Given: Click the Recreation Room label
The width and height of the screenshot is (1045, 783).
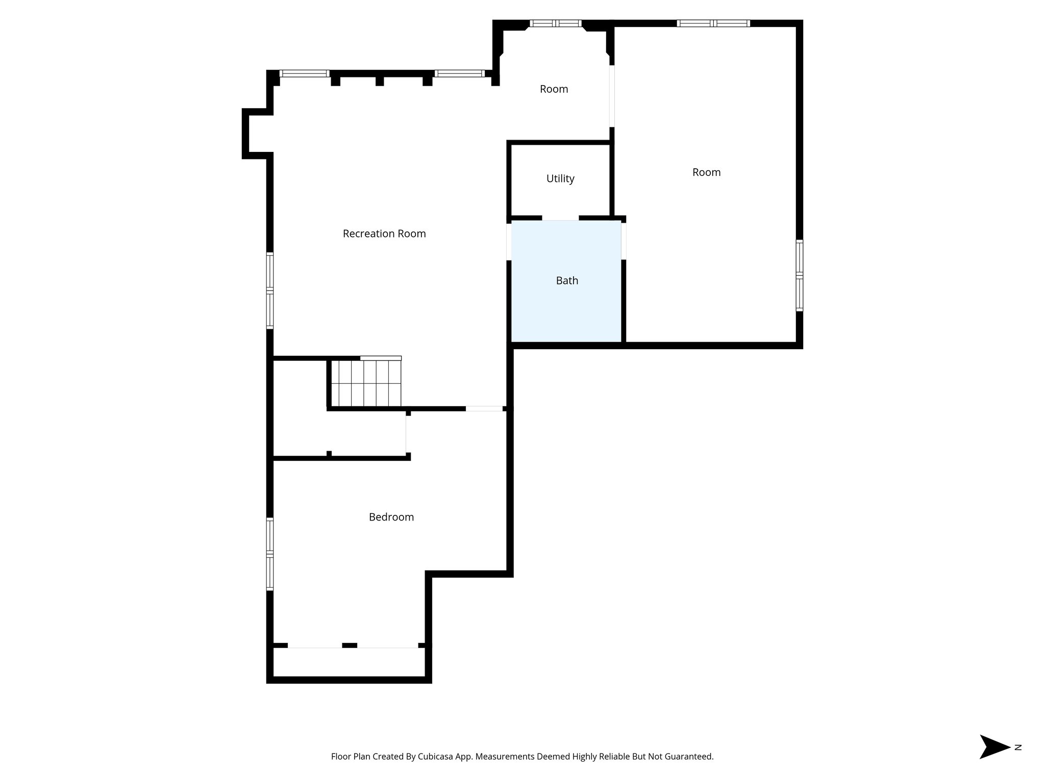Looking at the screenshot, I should [384, 233].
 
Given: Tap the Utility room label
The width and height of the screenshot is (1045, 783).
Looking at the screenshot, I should [560, 178].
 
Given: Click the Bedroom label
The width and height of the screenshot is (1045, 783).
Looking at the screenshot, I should [391, 517].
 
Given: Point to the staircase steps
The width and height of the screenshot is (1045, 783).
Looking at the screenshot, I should [365, 382].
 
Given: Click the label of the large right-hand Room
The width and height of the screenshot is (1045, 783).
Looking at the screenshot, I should [706, 172].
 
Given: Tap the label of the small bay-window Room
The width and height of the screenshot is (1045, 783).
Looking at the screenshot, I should [554, 89].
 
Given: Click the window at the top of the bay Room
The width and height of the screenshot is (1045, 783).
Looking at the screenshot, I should [555, 23].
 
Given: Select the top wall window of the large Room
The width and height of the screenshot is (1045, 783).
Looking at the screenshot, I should [713, 23].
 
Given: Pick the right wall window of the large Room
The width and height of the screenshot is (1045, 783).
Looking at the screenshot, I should [799, 275].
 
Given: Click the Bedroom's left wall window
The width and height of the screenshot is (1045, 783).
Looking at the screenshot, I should [270, 554].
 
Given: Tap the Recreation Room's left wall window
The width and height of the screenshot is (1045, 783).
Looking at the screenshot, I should [270, 291].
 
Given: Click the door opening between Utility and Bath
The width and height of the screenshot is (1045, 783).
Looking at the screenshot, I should [560, 219].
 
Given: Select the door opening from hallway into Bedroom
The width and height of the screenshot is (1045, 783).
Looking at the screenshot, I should [484, 409].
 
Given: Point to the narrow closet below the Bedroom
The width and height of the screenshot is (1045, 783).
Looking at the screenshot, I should [349, 663].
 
